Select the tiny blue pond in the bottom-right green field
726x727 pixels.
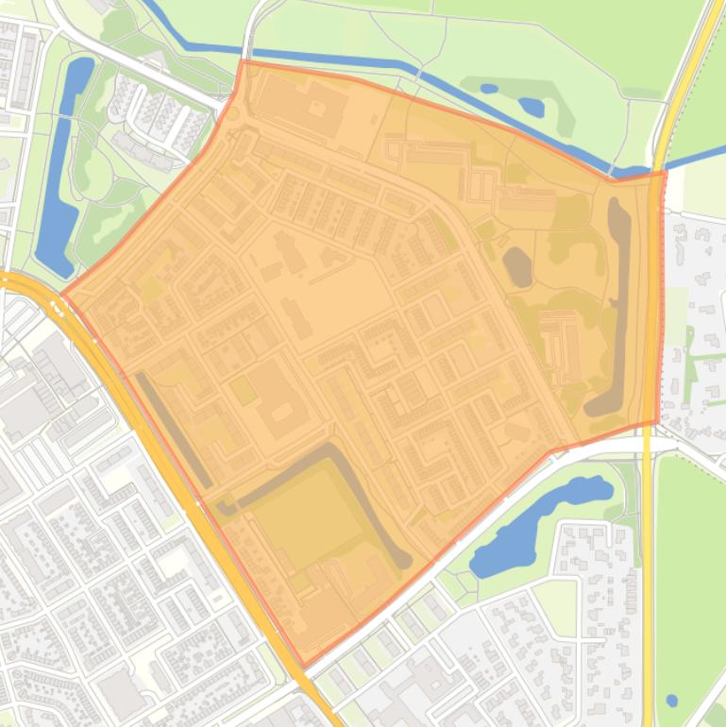point(671,701)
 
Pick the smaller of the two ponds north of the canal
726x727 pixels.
point(489,89)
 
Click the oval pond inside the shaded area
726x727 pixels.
point(517,266)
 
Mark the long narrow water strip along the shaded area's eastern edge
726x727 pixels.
point(617,312)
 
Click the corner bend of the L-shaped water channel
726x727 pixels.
point(330,451)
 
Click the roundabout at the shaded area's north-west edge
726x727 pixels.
point(231,114)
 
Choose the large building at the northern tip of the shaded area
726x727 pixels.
point(297,104)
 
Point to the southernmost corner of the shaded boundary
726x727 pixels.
point(303,667)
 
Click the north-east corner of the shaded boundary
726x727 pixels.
point(666,172)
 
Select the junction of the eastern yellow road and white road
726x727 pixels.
point(650,436)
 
